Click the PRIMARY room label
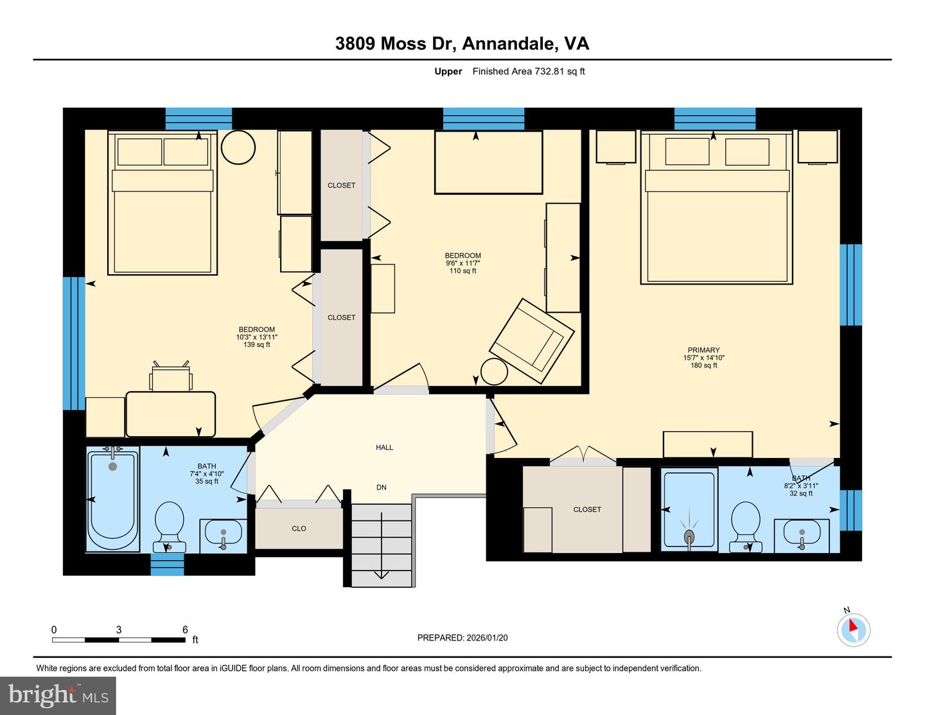point(704,350)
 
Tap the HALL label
point(384,447)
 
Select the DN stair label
point(382,487)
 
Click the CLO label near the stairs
point(299,529)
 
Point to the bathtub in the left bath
point(113,500)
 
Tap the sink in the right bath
point(801,535)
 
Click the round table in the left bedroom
point(238,147)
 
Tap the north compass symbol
point(853,629)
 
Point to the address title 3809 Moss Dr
point(462,43)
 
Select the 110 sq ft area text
point(463,271)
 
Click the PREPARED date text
point(462,638)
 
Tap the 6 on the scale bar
point(185,630)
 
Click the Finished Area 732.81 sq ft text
point(528,71)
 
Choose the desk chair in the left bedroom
point(171,378)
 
